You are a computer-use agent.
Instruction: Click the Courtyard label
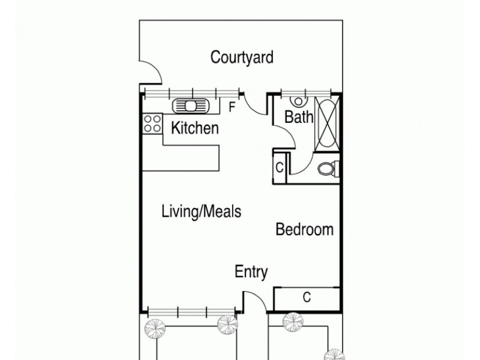242,58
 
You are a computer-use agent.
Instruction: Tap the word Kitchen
195,128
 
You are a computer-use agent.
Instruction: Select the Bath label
298,117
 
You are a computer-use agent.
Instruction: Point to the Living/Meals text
202,211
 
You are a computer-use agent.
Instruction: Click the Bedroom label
304,229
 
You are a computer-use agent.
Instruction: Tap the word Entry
251,272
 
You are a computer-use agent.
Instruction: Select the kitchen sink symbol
191,106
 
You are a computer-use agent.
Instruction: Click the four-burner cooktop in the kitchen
152,124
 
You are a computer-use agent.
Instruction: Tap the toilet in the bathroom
326,169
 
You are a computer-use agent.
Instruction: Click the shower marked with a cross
328,122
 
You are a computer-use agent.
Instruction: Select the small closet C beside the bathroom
280,168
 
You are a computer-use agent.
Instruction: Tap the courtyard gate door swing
150,73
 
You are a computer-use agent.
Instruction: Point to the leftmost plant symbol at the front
154,327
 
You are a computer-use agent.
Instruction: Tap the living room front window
192,311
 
